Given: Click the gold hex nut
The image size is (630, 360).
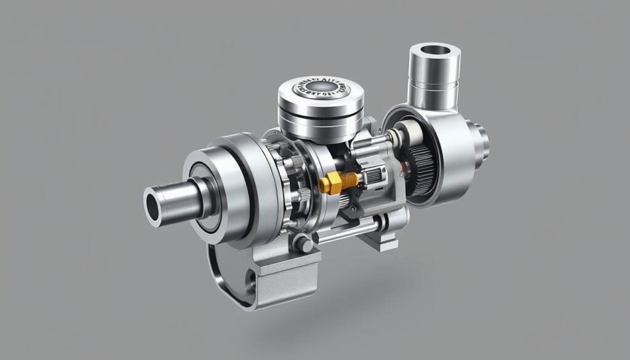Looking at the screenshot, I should (331, 183).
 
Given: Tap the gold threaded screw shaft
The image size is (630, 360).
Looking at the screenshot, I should (349, 179).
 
